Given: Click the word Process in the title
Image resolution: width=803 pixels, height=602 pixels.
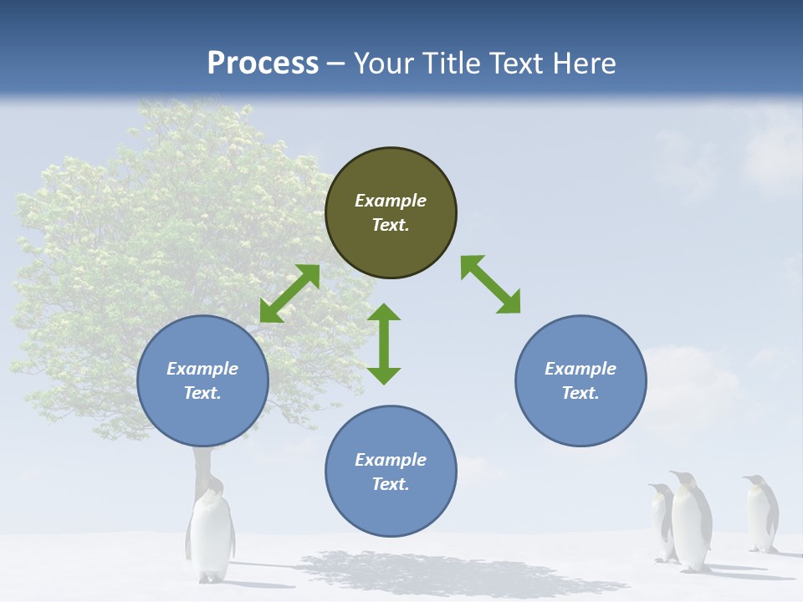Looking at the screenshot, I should click(x=263, y=64).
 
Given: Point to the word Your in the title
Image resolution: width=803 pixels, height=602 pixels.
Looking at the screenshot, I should click(x=385, y=64).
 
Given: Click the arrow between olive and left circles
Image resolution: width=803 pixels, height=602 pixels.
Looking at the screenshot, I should click(x=289, y=293).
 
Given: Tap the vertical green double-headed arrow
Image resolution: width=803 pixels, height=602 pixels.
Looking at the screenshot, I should click(x=384, y=344).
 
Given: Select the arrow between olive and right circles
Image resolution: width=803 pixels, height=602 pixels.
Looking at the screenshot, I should click(x=491, y=284).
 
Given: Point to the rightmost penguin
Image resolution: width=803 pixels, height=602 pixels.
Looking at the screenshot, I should click(x=761, y=513).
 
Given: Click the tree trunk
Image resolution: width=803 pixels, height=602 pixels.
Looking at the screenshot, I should click(x=201, y=468).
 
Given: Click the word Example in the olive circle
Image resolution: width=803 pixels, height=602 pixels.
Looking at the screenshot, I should click(x=391, y=201).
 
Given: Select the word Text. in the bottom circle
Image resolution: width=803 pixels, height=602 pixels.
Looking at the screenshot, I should click(x=391, y=484).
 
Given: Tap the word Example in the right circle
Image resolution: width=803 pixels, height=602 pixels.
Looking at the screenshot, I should click(x=581, y=369).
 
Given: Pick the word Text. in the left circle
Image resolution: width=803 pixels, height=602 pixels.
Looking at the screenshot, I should click(x=202, y=393).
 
